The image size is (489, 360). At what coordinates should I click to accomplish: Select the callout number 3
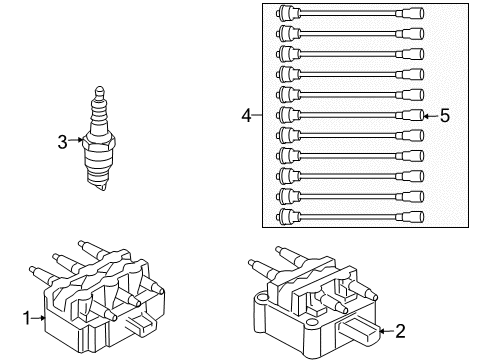point(62,143)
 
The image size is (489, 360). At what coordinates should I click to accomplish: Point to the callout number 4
point(246,116)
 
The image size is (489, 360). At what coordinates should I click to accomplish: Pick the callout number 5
point(445,116)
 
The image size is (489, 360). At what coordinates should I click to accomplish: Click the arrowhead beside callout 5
point(426,116)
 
